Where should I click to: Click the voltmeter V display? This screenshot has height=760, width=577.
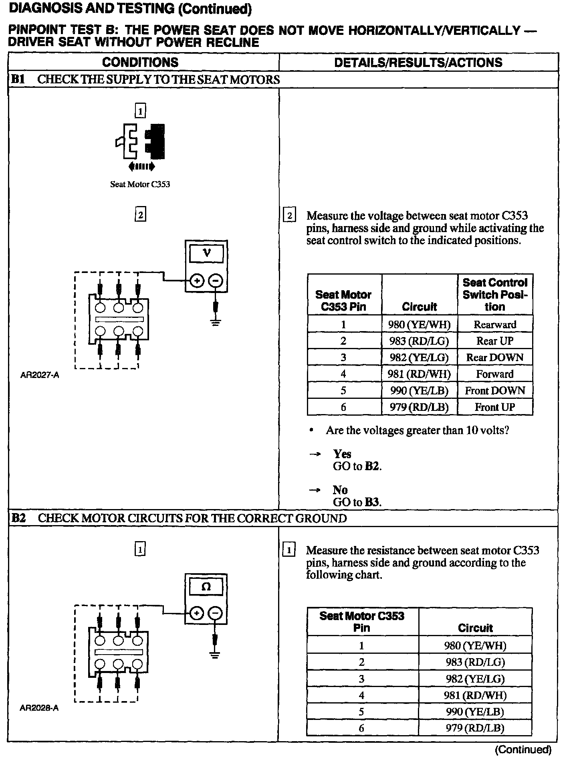[206, 253]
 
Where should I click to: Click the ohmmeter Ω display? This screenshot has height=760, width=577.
[206, 586]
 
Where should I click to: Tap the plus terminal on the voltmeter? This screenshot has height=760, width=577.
[197, 281]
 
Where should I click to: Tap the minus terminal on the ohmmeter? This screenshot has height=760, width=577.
[216, 613]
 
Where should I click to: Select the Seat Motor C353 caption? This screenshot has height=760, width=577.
[140, 184]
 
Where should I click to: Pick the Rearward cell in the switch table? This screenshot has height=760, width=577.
[495, 324]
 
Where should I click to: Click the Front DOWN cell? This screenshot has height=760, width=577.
[495, 390]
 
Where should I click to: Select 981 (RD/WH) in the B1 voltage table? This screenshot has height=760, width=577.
[419, 374]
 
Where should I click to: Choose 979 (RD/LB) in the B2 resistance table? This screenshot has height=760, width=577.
[475, 728]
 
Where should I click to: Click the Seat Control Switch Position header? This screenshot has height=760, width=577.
[495, 295]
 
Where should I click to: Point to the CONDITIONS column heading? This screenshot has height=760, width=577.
[140, 63]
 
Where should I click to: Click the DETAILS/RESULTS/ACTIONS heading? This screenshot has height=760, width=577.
[418, 63]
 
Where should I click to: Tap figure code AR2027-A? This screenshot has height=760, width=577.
[40, 376]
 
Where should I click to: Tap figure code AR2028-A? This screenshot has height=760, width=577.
[39, 708]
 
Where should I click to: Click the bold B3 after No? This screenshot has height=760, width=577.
[372, 502]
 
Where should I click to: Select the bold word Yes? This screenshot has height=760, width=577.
[342, 454]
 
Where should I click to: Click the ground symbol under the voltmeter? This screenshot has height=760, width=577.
[216, 322]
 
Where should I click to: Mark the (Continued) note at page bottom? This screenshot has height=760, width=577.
[523, 750]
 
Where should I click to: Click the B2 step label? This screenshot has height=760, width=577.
[18, 518]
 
